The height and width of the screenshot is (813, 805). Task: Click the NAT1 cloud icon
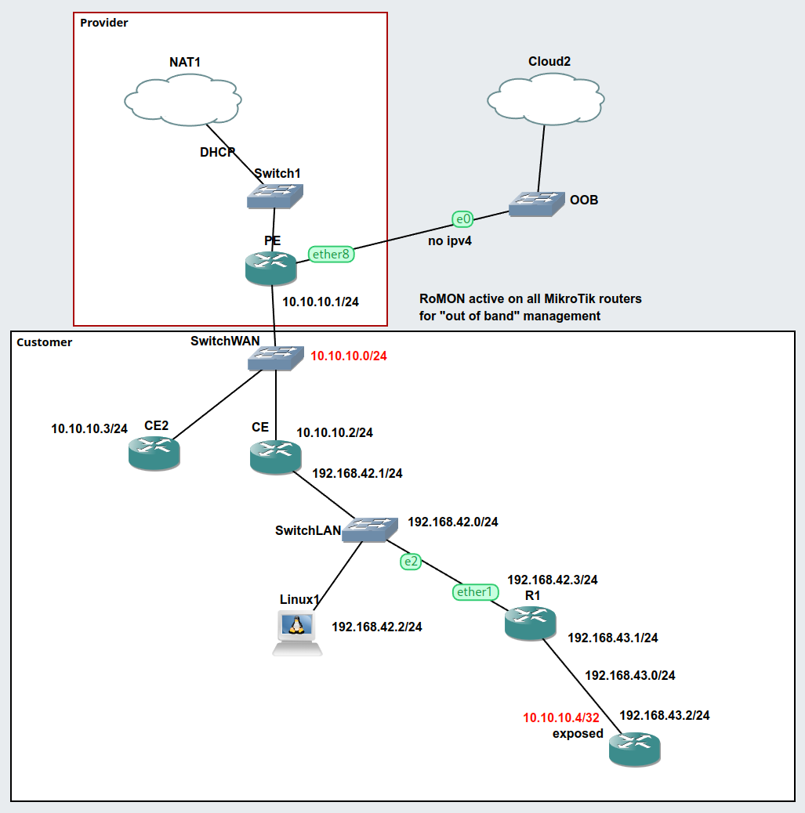coord(183,99)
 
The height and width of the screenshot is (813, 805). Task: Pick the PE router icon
coord(270,268)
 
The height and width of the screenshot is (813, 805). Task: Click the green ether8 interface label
coord(330,254)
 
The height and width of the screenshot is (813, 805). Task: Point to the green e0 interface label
coord(462,219)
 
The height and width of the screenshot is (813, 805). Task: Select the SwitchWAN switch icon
coord(274,358)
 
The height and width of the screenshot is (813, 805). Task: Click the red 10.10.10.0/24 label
coord(349,356)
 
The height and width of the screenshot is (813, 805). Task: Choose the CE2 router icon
coord(154,453)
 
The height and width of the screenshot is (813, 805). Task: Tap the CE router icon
coord(275,455)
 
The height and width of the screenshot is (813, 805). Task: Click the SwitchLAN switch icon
coord(372,529)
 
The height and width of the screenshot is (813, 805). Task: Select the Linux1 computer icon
coord(297,631)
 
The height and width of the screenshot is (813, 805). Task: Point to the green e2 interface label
coord(411,561)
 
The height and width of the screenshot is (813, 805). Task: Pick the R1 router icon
coord(531,623)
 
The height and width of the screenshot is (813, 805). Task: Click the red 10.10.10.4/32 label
coord(561,717)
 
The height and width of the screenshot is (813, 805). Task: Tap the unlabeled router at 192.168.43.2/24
coord(634,749)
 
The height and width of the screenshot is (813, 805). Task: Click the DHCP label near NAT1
coord(217,152)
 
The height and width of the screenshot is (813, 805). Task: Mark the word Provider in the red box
coord(104,23)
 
